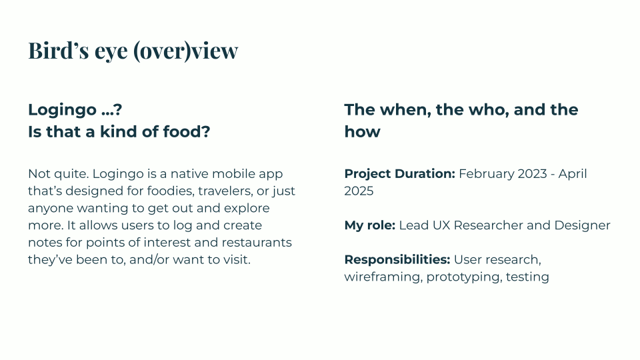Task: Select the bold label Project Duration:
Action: (x=399, y=174)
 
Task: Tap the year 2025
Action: (x=359, y=191)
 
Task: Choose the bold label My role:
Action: (x=370, y=225)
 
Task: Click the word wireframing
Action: (x=381, y=277)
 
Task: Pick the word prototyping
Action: (x=463, y=277)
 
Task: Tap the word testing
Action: (x=527, y=277)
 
